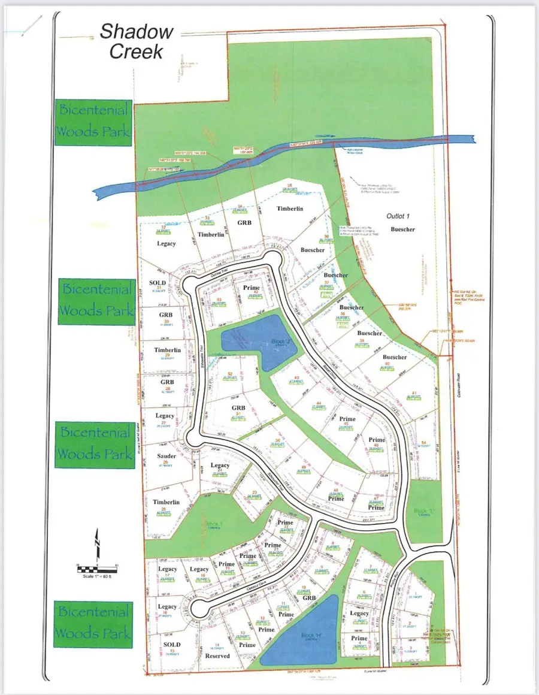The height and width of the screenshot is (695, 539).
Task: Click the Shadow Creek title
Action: [x=136, y=41]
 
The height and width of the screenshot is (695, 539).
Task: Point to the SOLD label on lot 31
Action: [x=158, y=282]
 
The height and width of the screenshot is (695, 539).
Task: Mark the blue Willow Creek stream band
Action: [x=269, y=168]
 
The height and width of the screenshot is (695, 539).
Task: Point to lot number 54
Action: [x=424, y=442]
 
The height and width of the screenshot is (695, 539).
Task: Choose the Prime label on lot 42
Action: [x=252, y=288]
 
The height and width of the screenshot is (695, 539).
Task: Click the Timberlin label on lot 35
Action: [x=290, y=208]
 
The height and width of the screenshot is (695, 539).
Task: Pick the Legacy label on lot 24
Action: [x=220, y=466]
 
